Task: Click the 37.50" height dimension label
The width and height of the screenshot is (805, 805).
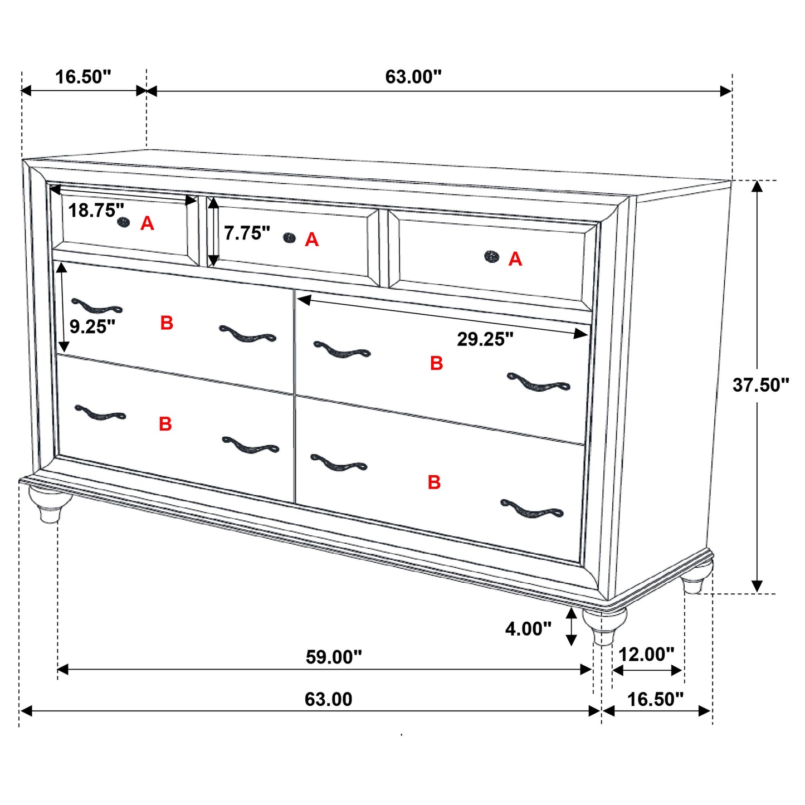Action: click(x=760, y=385)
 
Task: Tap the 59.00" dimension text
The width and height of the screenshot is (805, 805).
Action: click(x=334, y=657)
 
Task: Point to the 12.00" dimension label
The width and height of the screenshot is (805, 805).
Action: click(x=646, y=654)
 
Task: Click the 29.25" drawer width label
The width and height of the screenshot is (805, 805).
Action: click(x=485, y=339)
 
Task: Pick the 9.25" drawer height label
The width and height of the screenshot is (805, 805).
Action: click(x=92, y=326)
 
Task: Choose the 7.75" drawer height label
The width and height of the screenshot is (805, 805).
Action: click(x=247, y=233)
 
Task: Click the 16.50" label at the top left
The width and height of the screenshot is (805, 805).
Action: click(x=83, y=77)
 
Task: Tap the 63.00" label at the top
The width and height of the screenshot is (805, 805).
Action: click(x=413, y=77)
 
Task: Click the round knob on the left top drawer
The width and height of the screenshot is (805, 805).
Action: click(x=124, y=222)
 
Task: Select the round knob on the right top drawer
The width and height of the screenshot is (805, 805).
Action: click(x=491, y=256)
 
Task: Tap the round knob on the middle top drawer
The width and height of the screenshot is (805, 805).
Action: click(x=289, y=238)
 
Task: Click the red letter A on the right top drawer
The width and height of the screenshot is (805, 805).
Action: click(x=515, y=259)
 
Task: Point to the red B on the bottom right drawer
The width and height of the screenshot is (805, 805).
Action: click(x=434, y=482)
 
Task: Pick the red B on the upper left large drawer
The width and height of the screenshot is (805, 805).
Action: click(x=167, y=323)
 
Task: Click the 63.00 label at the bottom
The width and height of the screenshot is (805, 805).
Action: click(x=328, y=700)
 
